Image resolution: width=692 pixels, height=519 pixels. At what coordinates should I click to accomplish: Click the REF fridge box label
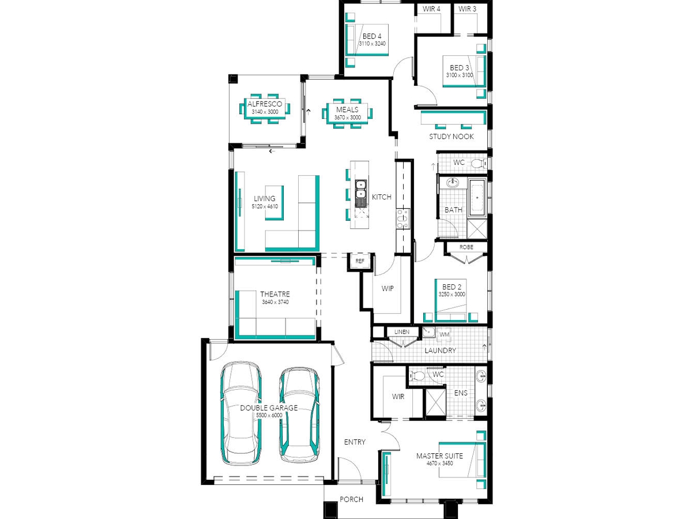coord(359,261)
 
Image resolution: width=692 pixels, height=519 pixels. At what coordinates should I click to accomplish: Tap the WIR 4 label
coord(431,9)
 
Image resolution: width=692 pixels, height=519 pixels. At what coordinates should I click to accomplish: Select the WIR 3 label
coord(467,9)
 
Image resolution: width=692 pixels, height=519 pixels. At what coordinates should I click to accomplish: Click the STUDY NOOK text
coord(451,137)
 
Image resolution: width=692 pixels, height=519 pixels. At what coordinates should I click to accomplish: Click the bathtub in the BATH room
coord(477,198)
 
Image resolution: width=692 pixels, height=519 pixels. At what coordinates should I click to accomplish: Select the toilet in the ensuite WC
coord(417,375)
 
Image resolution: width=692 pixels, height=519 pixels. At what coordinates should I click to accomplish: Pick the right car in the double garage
coord(299,414)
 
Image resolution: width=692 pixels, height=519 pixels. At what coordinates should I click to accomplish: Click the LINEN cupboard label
coord(401,332)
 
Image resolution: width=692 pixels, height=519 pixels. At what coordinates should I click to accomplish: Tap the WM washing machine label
coord(444,334)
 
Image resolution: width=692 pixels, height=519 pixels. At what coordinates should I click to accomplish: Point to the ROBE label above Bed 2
coord(466,247)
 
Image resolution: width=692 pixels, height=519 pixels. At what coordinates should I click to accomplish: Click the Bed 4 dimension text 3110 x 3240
coord(372,43)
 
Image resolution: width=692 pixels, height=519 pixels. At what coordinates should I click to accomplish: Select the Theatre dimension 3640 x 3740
coord(275,302)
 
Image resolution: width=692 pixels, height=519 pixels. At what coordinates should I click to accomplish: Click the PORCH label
coord(351,499)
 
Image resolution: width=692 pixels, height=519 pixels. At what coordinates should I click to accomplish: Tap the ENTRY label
coord(355,442)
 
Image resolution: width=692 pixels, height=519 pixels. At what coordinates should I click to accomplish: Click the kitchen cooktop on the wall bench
coord(403,219)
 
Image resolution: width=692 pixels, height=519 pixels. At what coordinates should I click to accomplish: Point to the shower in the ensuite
coord(435,402)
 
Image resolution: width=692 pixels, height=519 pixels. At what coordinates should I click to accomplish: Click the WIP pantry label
coord(387,288)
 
